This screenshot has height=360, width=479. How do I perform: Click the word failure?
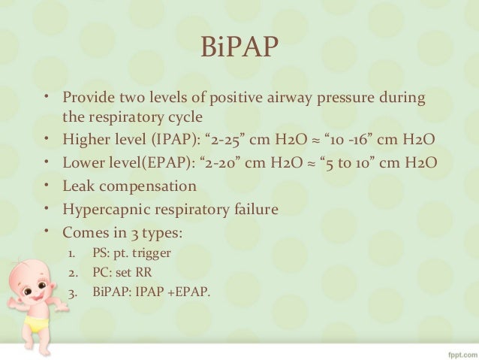[255, 207]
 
